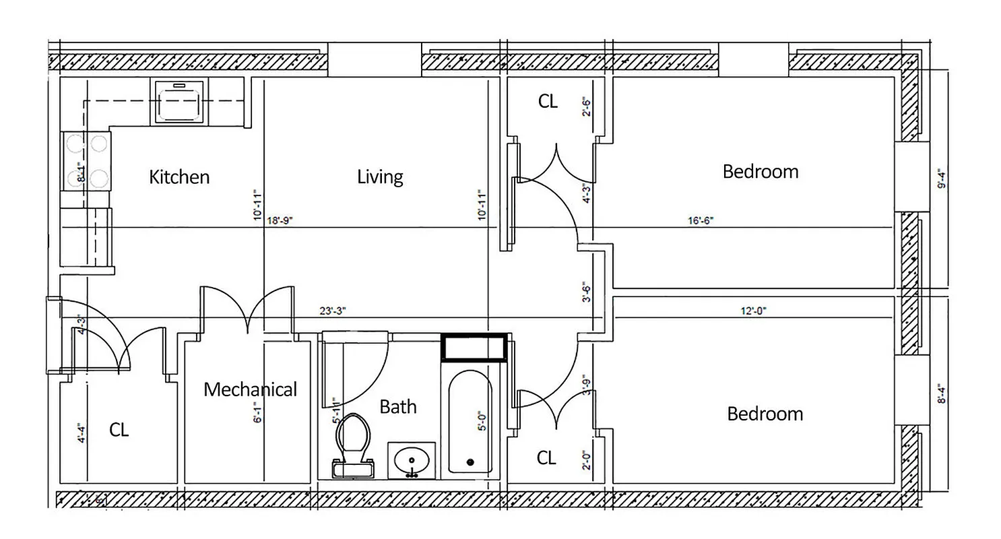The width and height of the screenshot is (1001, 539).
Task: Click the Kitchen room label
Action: [x=179, y=177]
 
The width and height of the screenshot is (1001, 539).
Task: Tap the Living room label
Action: [x=380, y=177]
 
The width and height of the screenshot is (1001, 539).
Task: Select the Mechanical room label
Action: [x=250, y=389]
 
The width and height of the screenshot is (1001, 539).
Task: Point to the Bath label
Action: [x=398, y=406]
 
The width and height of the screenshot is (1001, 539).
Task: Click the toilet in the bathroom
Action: [x=353, y=445]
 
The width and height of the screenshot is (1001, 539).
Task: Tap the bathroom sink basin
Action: [x=411, y=462]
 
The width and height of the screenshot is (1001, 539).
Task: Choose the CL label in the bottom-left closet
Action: [x=119, y=430]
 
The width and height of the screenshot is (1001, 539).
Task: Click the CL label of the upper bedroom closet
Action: [x=548, y=101]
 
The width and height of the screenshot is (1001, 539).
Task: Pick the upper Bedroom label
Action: [x=761, y=171]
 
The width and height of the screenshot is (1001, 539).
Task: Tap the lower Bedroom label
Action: [x=765, y=413]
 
